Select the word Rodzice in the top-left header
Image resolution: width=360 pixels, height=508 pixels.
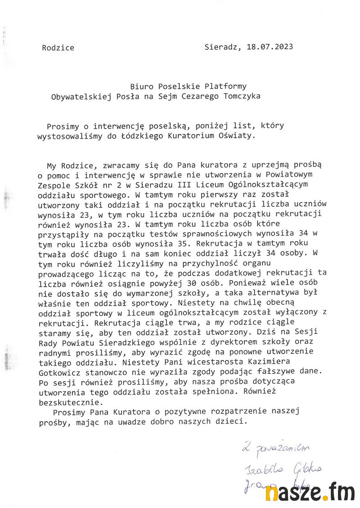58,48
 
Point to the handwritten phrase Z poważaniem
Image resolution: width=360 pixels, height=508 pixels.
275,448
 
